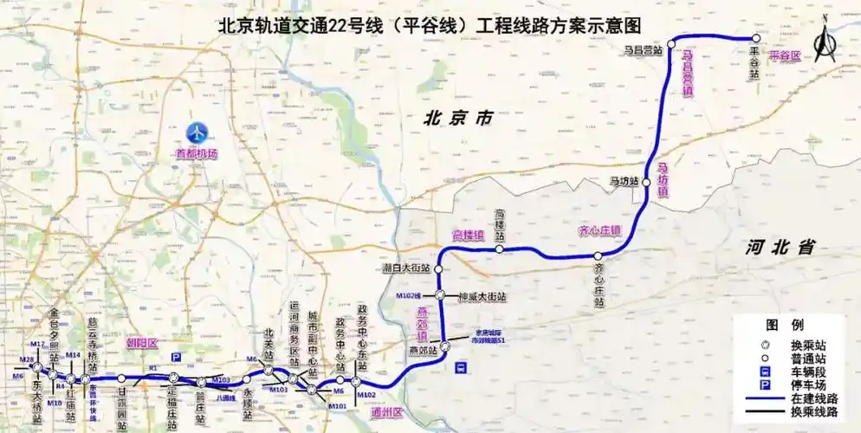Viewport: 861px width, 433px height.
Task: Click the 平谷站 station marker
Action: pos(755,38)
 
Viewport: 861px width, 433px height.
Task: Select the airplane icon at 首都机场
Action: pos(197,133)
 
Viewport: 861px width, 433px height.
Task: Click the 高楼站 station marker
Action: pos(500,249)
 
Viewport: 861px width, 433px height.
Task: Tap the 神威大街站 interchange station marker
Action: pos(440,295)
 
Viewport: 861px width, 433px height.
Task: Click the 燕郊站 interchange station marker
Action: pos(444,346)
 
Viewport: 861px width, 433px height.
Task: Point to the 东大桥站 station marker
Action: pos(36,368)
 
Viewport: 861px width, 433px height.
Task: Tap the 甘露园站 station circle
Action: pos(122,378)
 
